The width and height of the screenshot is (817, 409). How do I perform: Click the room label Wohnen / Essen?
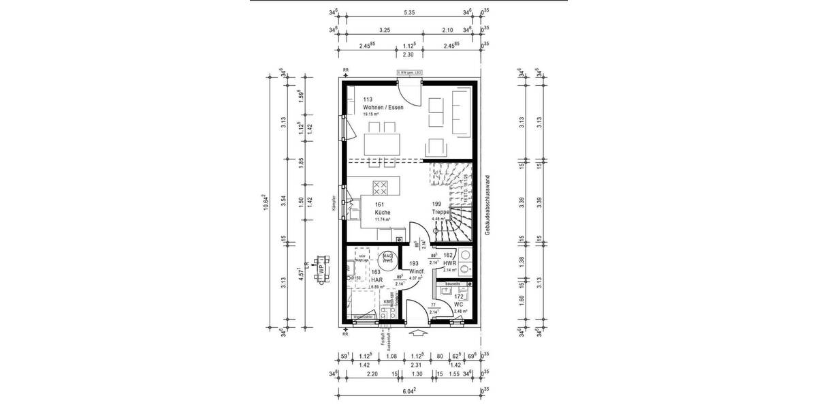click(x=383, y=108)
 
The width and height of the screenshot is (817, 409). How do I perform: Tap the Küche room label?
click(x=382, y=213)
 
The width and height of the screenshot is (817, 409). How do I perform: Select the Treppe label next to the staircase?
click(x=440, y=213)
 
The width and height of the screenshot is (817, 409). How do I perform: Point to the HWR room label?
click(x=449, y=263)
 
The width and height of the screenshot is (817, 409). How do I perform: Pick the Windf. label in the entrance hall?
click(x=417, y=271)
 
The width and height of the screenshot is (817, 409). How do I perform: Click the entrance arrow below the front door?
click(x=417, y=333)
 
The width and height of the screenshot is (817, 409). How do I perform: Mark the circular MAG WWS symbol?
click(x=388, y=258)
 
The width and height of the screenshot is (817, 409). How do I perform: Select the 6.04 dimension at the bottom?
click(x=408, y=391)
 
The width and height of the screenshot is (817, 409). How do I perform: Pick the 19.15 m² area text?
click(x=372, y=115)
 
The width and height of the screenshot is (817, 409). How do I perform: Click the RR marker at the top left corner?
click(x=345, y=70)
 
